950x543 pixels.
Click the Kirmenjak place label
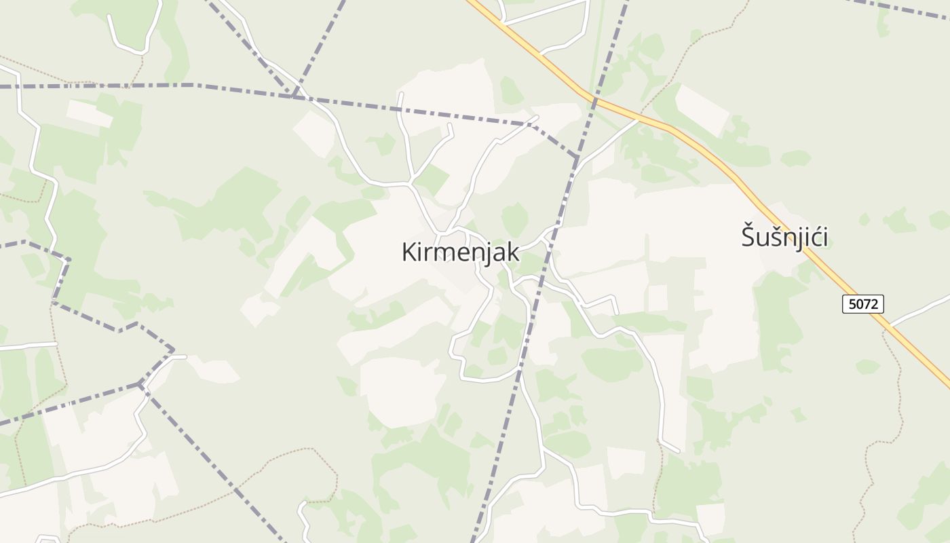[460, 252]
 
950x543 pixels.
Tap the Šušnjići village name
[784, 238]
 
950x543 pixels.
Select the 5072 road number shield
[863, 304]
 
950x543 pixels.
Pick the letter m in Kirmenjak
[444, 252]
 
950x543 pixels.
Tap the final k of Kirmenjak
[513, 252]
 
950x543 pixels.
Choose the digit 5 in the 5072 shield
[852, 304]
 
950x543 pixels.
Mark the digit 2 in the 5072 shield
[875, 304]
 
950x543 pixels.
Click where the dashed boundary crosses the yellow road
[595, 100]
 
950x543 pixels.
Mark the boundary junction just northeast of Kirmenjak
[576, 158]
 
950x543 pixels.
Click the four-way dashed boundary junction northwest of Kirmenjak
[294, 96]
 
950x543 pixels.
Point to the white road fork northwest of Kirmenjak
[410, 183]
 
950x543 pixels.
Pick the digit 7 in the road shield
[867, 304]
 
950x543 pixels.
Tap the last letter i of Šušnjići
[824, 238]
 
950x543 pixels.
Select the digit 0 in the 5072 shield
[860, 304]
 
